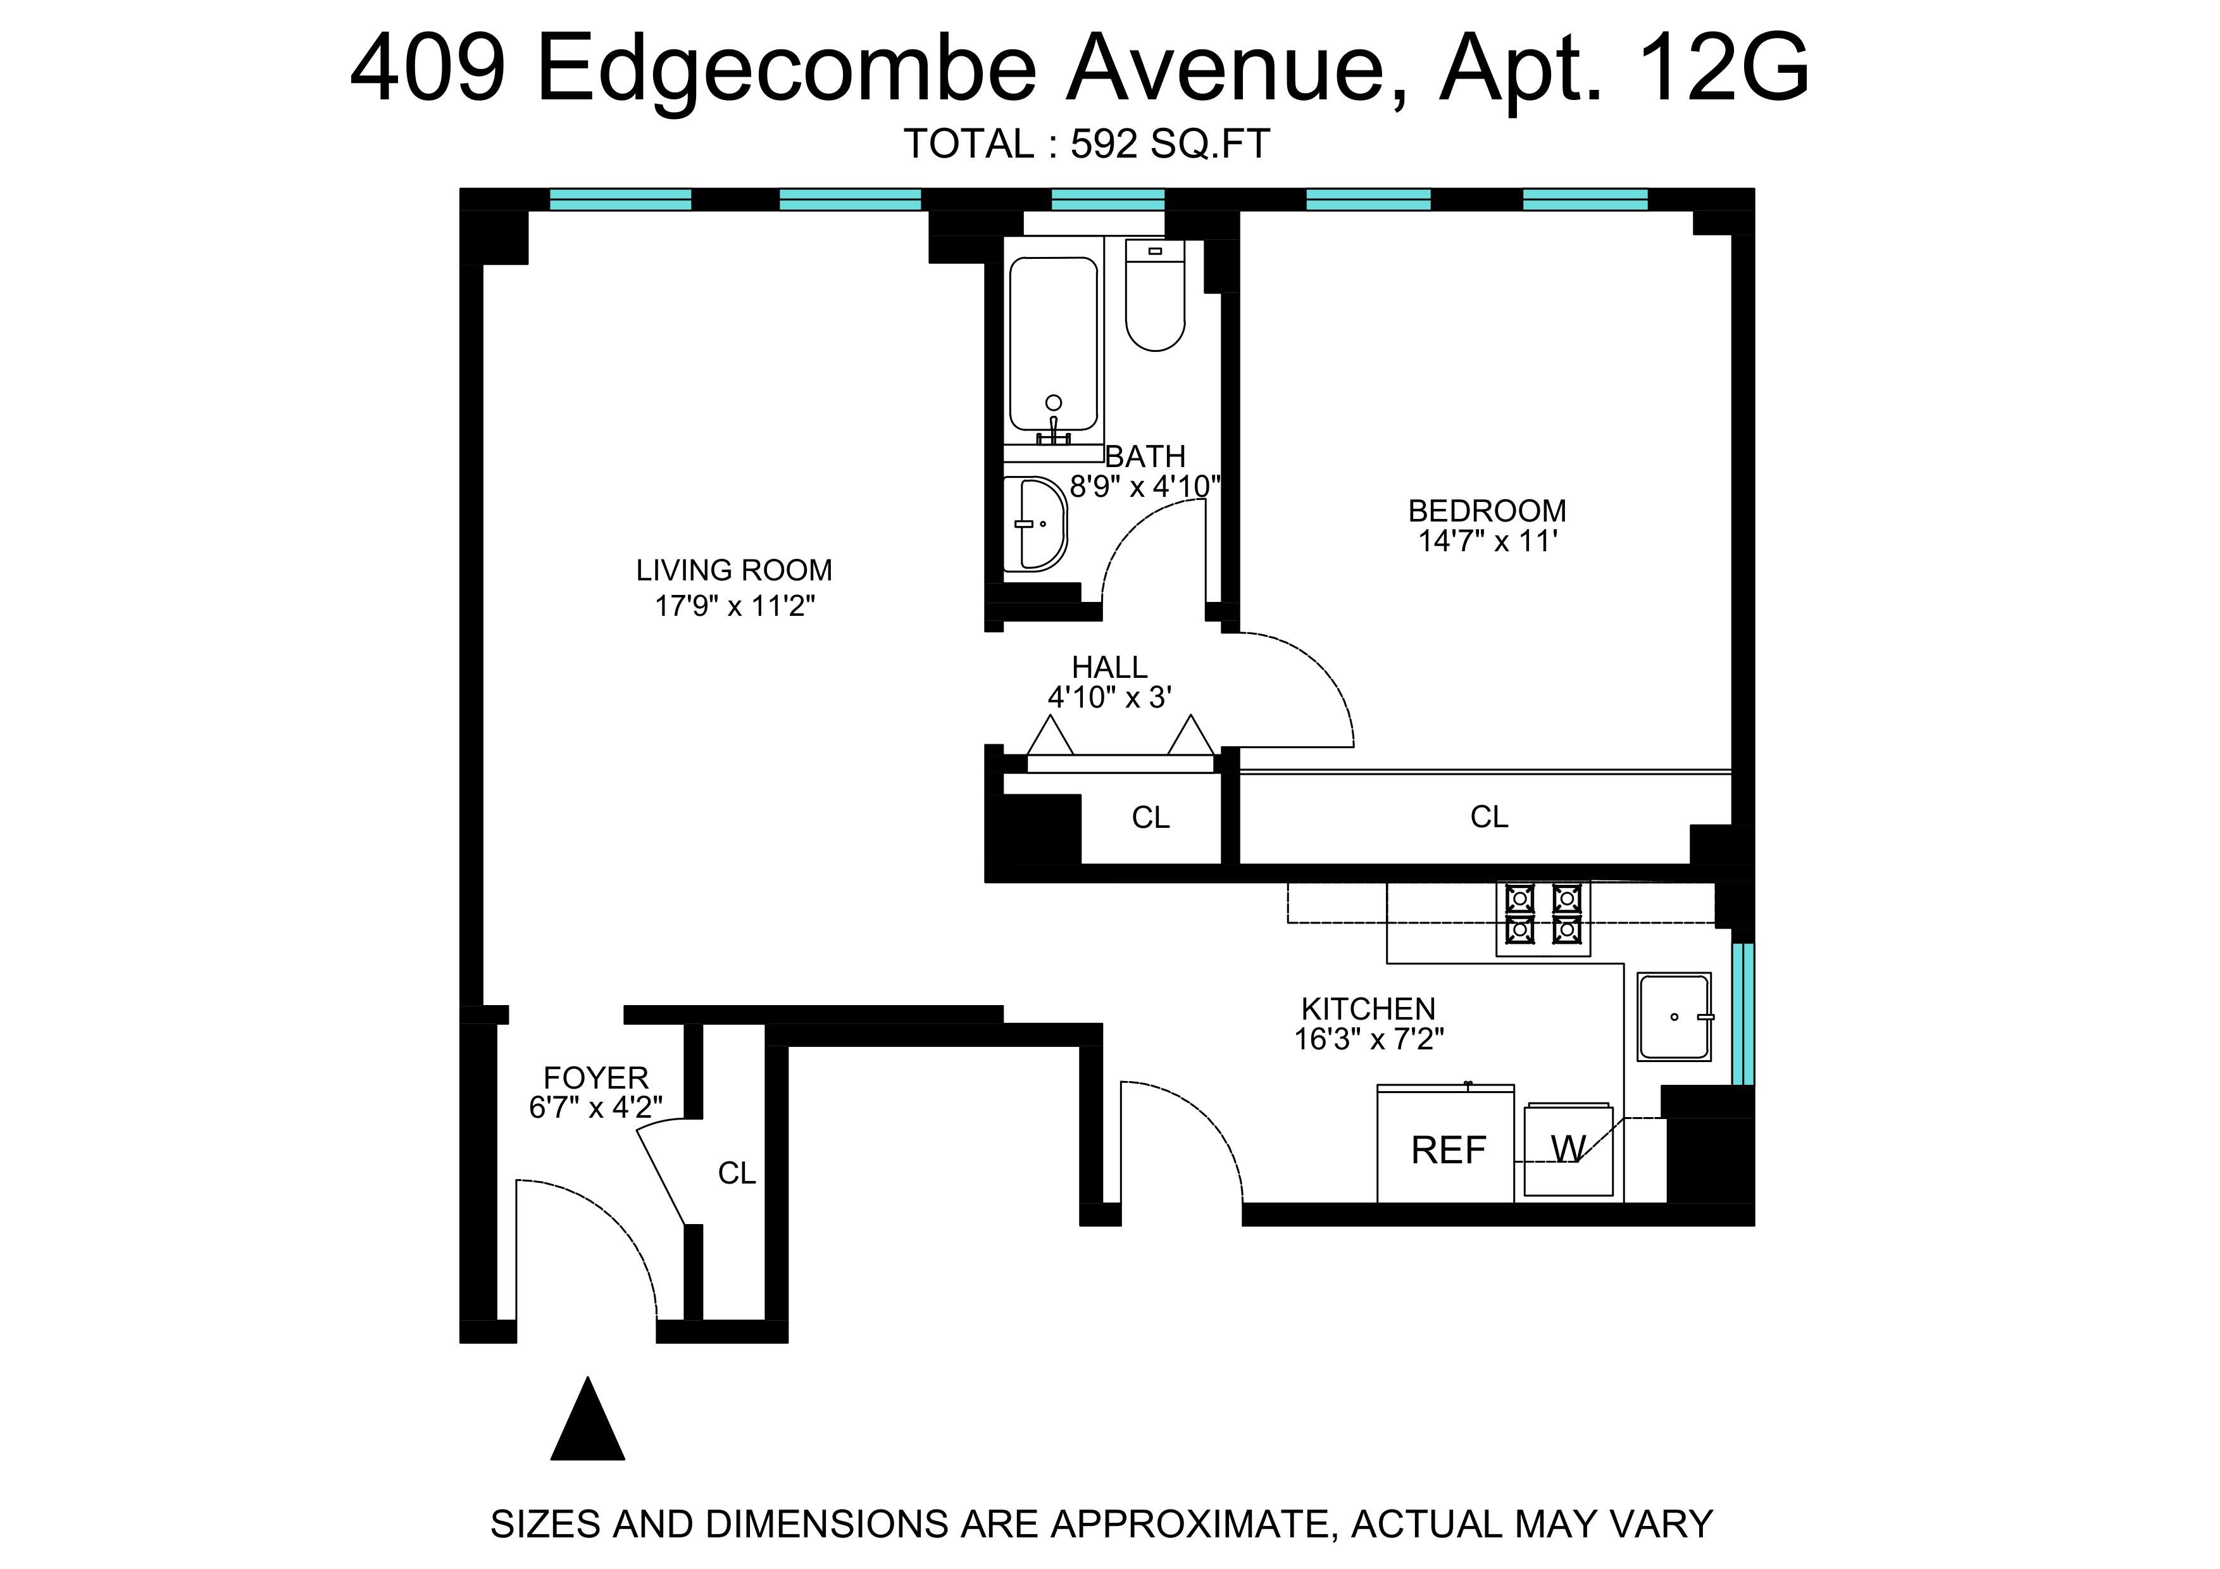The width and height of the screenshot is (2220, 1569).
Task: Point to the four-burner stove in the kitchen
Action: [x=1542, y=913]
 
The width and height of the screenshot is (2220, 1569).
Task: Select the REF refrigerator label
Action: [x=1447, y=1151]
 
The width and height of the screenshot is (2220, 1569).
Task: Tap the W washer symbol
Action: [x=1568, y=1149]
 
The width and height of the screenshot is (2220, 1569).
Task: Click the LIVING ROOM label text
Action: [x=734, y=570]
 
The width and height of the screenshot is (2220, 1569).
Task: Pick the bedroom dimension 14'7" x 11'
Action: [x=1487, y=541]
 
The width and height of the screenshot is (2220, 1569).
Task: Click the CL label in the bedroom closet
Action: [x=1489, y=817]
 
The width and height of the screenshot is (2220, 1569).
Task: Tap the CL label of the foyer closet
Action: [x=737, y=1173]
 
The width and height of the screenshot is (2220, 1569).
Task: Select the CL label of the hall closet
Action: [x=1151, y=818]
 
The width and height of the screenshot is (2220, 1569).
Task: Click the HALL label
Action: [x=1109, y=667]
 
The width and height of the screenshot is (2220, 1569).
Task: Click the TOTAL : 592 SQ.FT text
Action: [x=1087, y=144]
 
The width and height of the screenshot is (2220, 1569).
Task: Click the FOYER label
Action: [x=596, y=1077]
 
